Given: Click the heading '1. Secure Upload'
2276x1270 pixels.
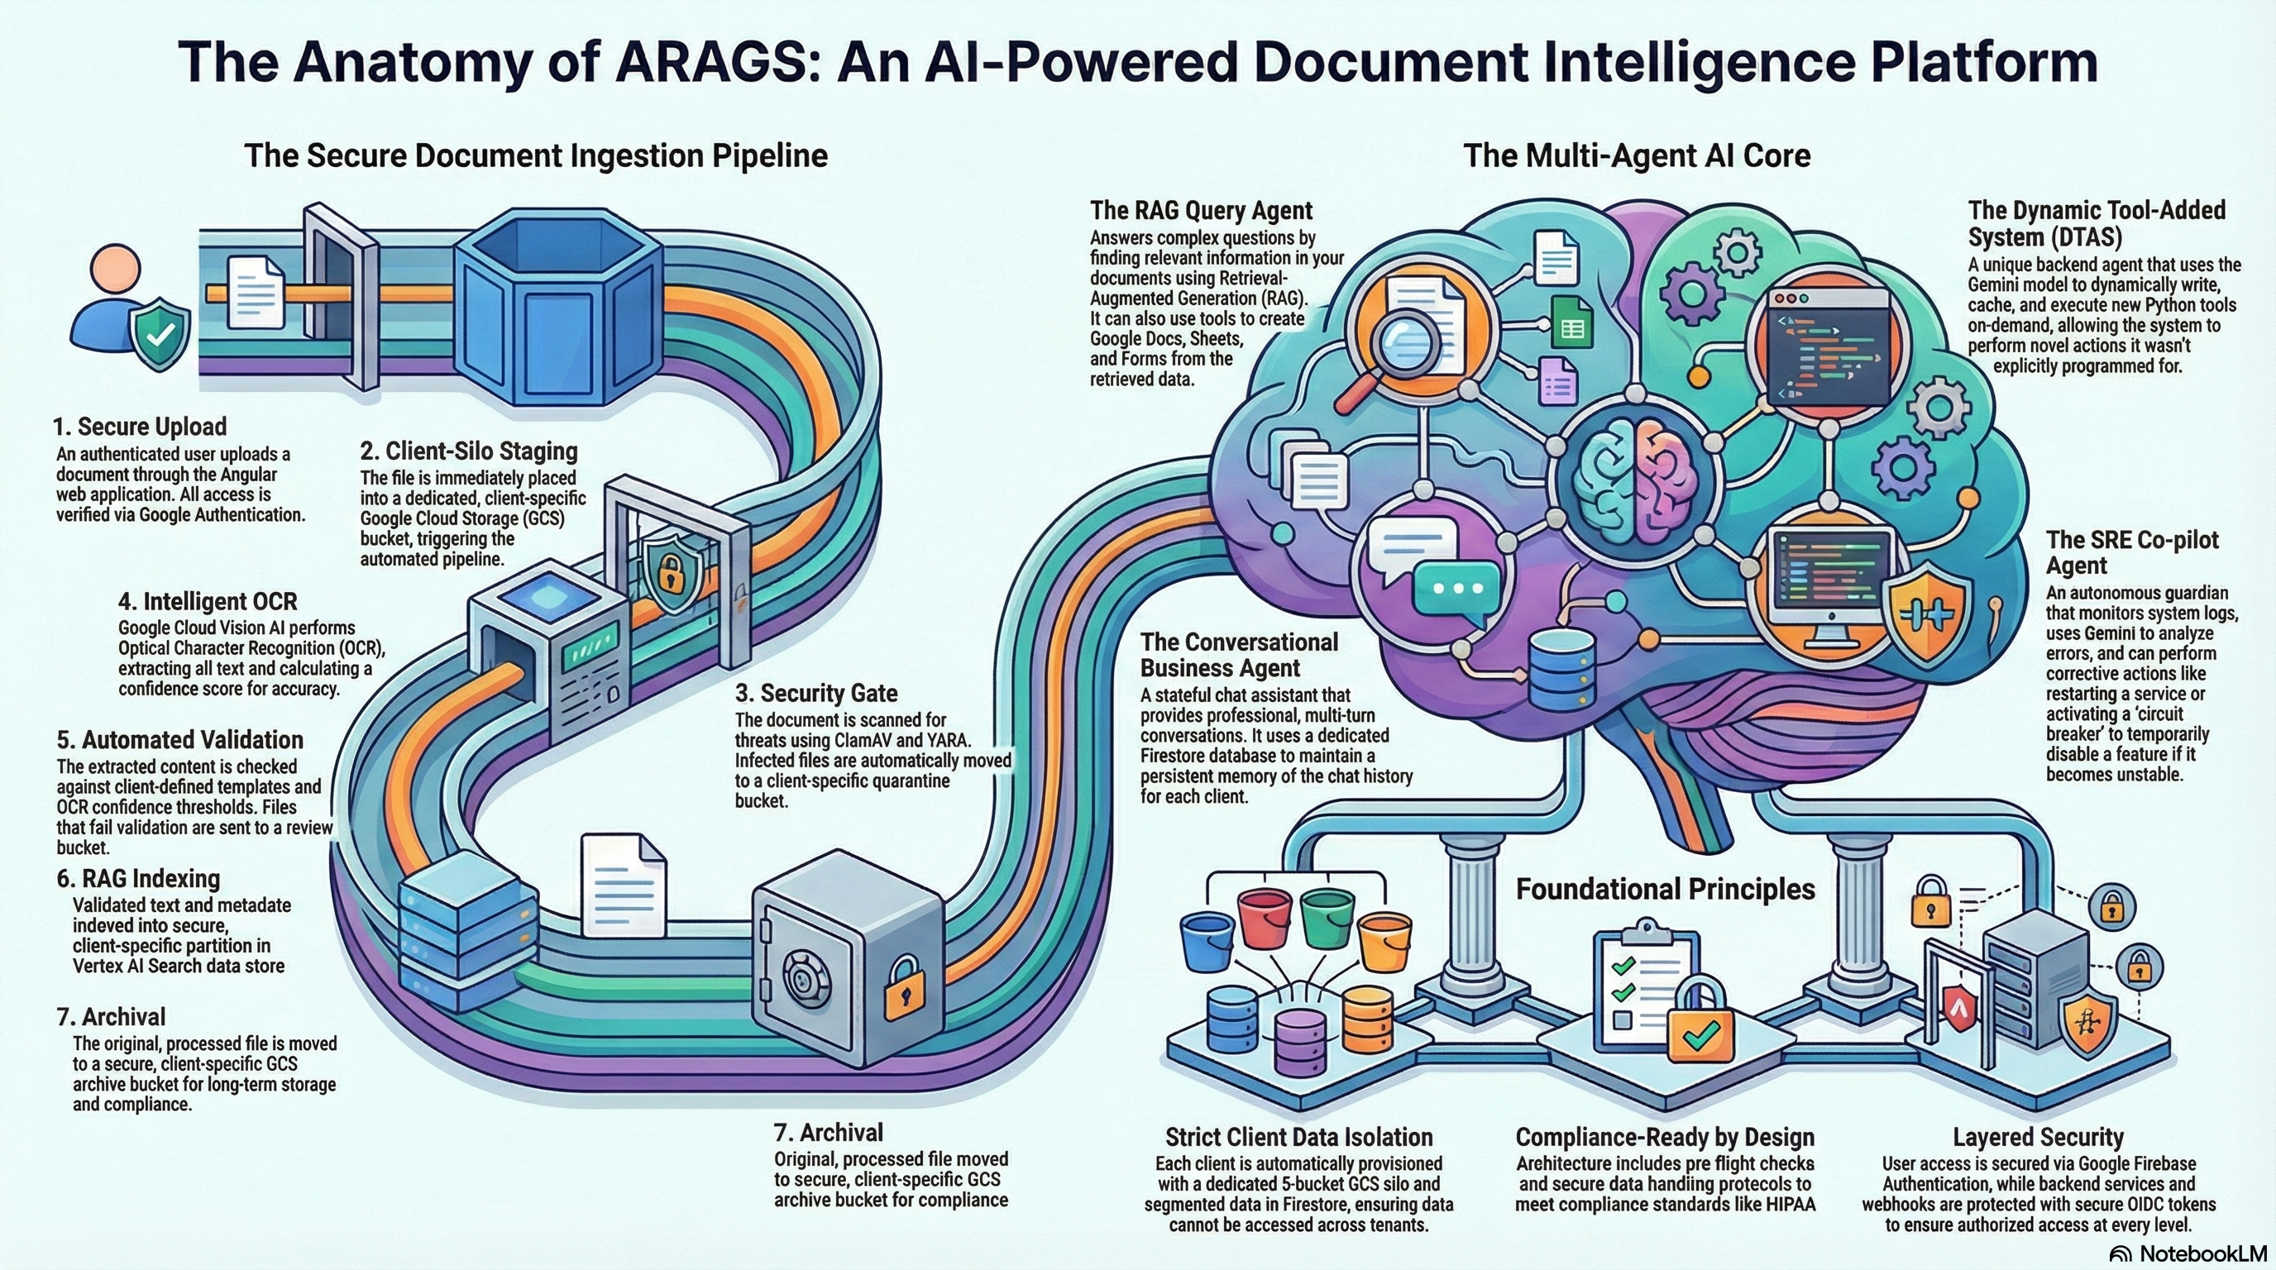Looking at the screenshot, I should coord(140,427).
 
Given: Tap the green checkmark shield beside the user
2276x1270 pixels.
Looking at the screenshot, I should coord(160,335).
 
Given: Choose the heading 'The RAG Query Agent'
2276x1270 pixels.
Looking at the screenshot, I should coord(1201,210).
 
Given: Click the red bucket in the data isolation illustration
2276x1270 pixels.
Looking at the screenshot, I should coord(1265,918).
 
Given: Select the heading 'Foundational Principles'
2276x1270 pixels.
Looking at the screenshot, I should coord(1666,889).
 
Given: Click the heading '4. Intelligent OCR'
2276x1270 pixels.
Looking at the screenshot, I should coord(208,601).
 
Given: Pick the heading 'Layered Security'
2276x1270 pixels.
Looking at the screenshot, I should coord(2038,1137).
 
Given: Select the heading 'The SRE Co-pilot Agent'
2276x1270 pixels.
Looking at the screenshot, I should coord(2131,552).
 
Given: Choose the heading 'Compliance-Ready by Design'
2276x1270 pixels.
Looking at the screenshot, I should coord(1665,1137).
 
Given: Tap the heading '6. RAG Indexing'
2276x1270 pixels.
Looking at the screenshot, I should coord(139,879).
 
